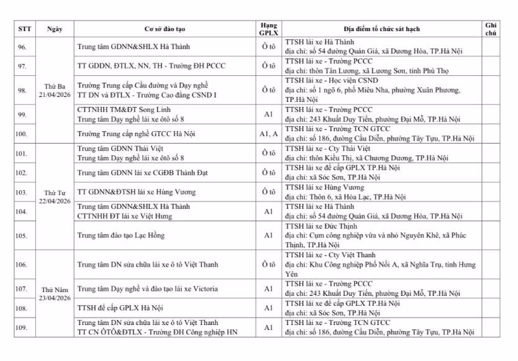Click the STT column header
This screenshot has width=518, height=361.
point(25,29)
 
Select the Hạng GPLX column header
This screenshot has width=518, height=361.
point(268,29)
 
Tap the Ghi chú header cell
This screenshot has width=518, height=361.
point(490,29)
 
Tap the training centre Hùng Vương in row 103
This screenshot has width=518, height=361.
point(136,192)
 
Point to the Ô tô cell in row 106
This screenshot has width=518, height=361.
point(268,265)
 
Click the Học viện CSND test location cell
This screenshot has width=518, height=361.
point(382,90)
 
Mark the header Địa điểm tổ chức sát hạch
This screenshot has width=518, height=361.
point(382,29)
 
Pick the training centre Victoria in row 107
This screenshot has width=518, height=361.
point(143,289)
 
